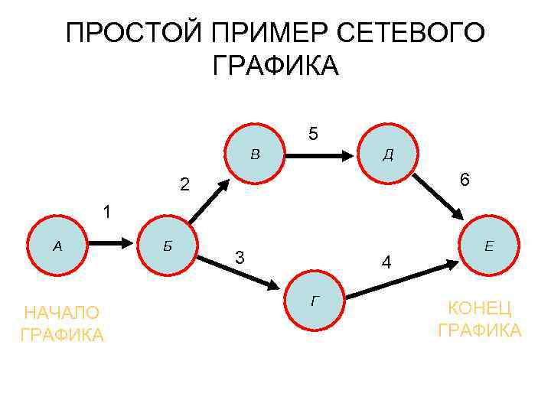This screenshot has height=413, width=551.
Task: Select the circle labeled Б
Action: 170,246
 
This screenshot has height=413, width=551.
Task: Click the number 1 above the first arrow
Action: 108,212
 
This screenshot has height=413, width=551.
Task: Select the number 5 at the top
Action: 313,134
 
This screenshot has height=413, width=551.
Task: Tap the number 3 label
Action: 240,258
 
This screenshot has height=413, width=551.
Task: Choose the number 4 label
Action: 387,263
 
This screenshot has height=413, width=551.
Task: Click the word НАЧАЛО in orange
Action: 62,313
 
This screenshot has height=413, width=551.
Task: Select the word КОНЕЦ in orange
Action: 480,308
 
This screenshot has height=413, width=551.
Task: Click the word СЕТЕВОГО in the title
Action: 410,34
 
